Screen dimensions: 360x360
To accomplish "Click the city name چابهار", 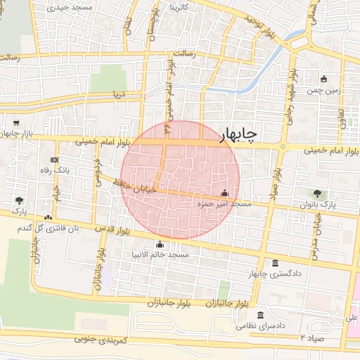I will [240, 134].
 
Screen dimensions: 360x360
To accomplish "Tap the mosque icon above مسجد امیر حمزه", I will [224, 193].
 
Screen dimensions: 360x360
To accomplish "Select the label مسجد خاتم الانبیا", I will [159, 254].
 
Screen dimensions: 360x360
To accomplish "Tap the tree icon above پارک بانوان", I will [316, 193].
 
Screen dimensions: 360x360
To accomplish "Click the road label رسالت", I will [188, 53].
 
